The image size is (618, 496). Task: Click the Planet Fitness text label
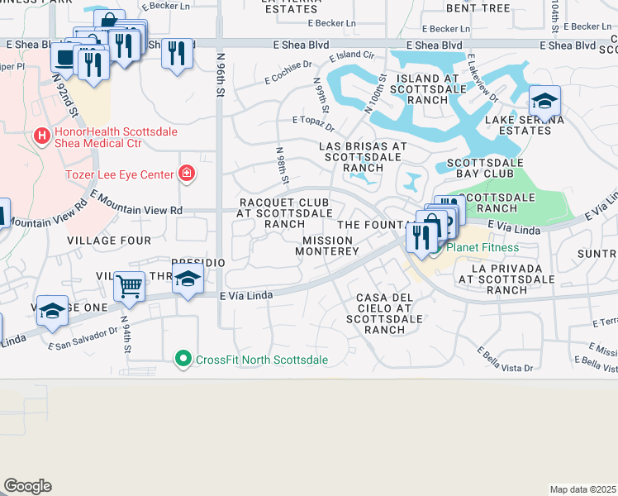coord(483,247)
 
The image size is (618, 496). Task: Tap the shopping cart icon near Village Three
coord(130,286)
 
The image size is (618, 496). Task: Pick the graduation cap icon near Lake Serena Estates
coord(544,101)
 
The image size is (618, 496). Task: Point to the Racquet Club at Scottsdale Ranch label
coord(278,212)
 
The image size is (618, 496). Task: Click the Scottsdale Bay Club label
coord(484,169)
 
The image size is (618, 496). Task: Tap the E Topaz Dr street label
coord(313,123)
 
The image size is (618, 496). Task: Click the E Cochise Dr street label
coord(288,71)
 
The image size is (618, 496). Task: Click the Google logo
coord(27,486)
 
